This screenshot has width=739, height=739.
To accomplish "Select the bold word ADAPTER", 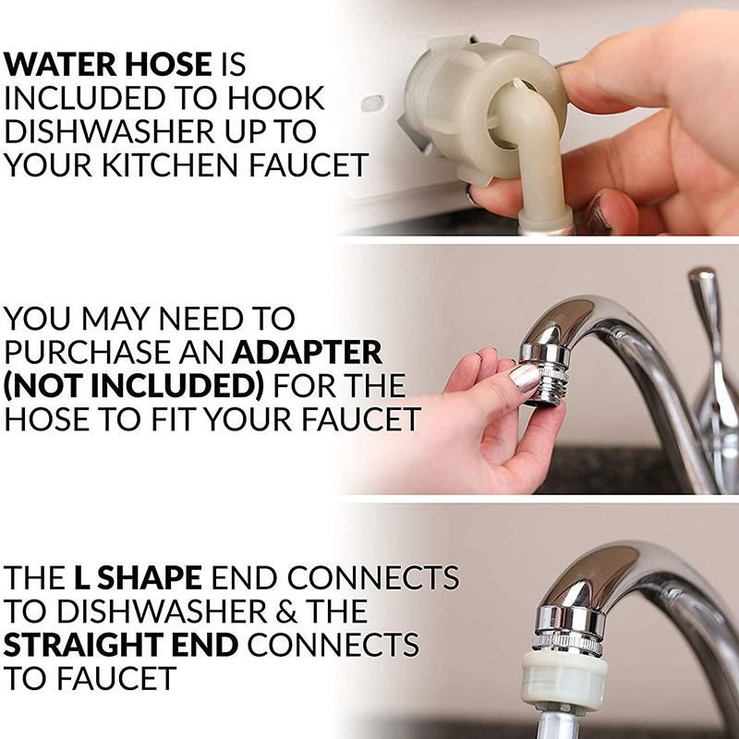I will click(308, 353).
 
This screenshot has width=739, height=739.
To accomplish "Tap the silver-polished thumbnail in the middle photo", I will click(525, 376).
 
